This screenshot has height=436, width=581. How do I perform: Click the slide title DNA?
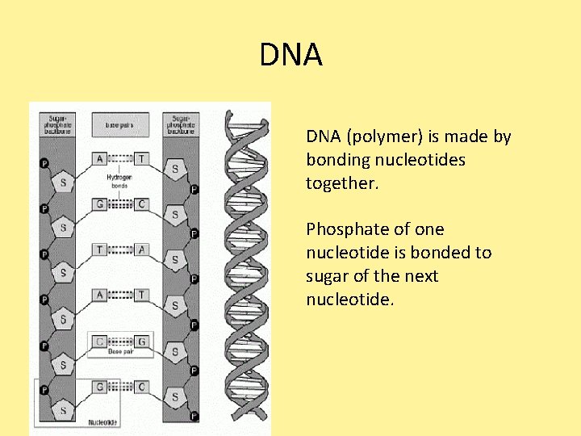point(290,56)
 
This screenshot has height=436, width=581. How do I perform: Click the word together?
point(342,183)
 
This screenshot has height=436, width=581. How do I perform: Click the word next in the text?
point(420,276)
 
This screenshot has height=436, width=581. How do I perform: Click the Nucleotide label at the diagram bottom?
point(102,421)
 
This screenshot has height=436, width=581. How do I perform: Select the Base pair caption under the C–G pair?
point(119,352)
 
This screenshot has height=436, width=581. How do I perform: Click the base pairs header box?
point(119,125)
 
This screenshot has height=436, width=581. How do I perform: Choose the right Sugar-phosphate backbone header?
point(182,124)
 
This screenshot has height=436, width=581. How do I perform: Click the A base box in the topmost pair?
point(99,159)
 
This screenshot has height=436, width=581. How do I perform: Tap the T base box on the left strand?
point(99,249)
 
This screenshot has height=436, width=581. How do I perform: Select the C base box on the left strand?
point(99,342)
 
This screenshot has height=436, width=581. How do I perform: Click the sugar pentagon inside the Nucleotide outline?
point(64,410)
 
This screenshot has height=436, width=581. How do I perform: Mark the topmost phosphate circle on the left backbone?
point(44,163)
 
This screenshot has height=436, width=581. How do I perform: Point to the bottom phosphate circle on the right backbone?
point(194,416)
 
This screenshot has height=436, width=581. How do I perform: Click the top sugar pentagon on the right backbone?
point(175,170)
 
